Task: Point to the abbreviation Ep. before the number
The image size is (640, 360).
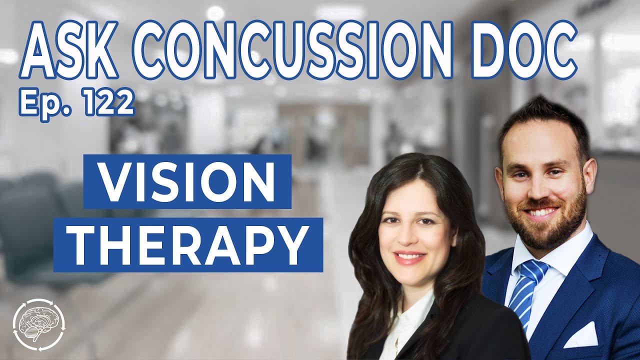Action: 42,103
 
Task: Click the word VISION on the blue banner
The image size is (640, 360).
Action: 187,181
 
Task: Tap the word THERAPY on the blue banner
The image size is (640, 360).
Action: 188,244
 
